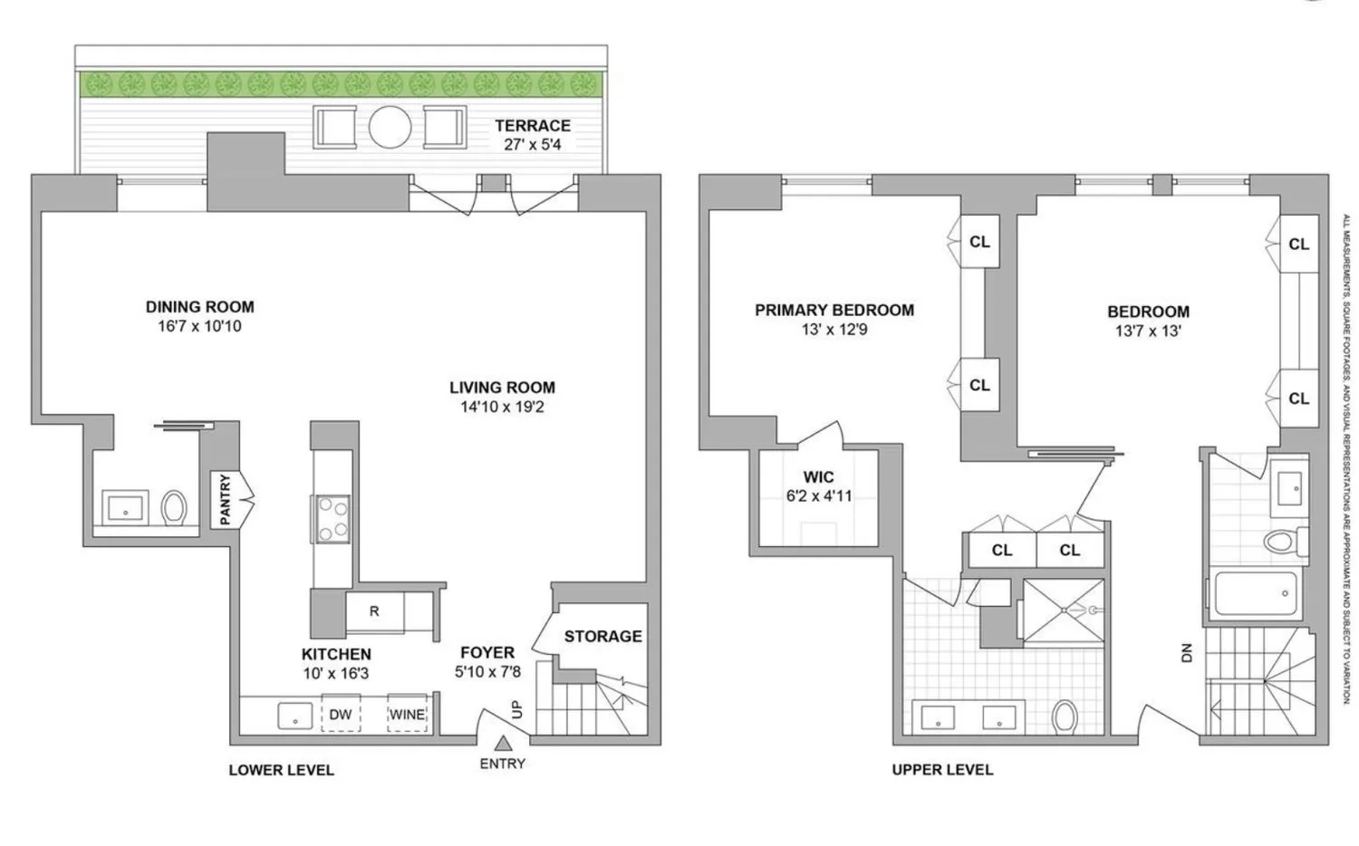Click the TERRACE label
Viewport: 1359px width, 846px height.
coord(532,126)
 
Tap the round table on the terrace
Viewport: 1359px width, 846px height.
coord(390,128)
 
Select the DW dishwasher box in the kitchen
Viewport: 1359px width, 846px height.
coord(340,714)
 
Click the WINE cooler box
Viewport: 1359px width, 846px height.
coord(407,714)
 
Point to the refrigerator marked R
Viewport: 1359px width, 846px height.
coord(374,611)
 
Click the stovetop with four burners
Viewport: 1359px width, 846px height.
coord(332,519)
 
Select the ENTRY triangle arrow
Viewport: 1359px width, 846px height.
coord(502,743)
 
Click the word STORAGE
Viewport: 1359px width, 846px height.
coord(602,636)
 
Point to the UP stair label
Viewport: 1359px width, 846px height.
coord(517,709)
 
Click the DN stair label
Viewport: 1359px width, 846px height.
coord(1187,652)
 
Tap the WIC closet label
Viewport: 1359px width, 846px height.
coord(818,477)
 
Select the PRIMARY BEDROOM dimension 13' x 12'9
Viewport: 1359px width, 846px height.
coord(834,330)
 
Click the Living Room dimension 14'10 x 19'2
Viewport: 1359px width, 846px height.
coord(502,407)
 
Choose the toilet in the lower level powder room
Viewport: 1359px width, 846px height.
coord(174,507)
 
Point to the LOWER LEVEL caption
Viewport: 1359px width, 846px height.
coord(281,770)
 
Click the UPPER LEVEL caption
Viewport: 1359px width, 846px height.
coord(942,770)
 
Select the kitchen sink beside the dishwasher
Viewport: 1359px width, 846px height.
coord(294,716)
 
